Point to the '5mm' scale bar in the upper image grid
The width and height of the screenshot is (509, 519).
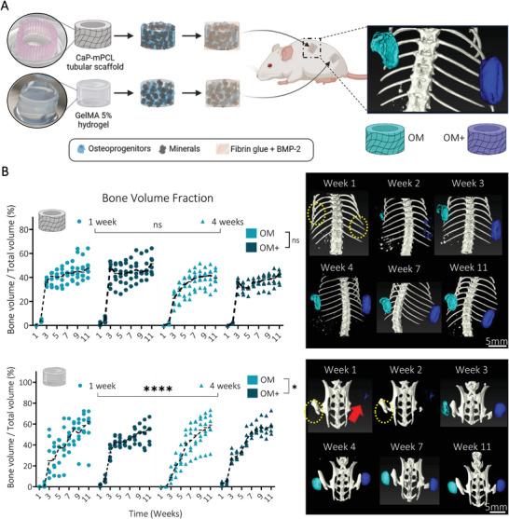click(x=495, y=340)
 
